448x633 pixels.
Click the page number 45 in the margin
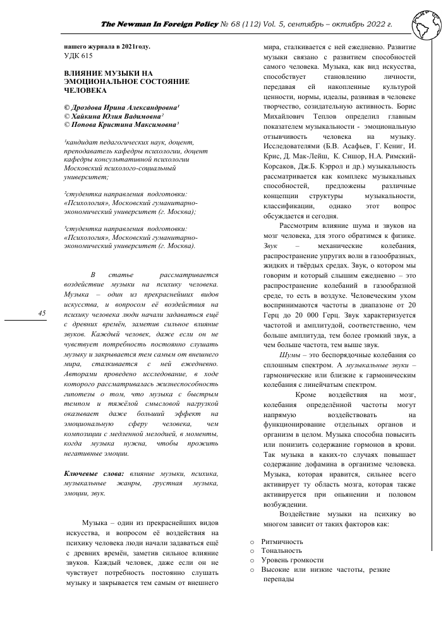pyautogui.click(x=42, y=314)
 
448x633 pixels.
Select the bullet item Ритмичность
pyautogui.click(x=282, y=541)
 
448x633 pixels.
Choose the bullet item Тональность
pyautogui.click(x=282, y=551)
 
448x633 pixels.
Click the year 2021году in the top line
pyautogui.click(x=131, y=46)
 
